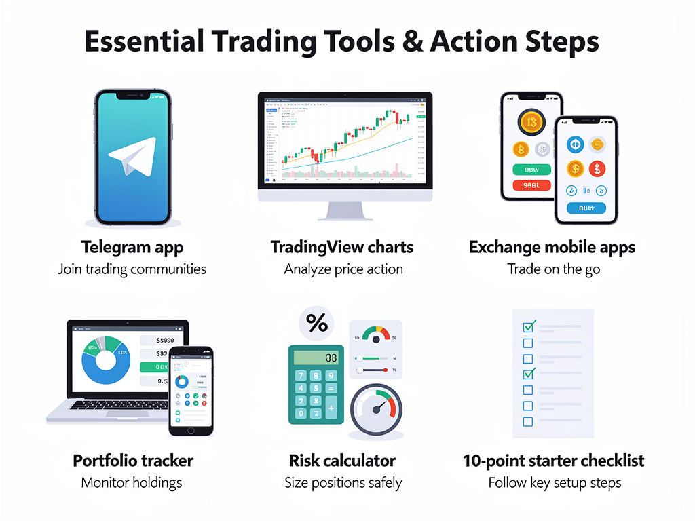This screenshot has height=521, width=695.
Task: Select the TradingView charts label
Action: pyautogui.click(x=342, y=247)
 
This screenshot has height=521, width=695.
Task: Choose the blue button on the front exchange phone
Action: pyautogui.click(x=585, y=208)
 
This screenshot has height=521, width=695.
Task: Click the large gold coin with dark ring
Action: pyautogui.click(x=531, y=122)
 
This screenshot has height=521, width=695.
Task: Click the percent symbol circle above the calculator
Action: pyautogui.click(x=316, y=324)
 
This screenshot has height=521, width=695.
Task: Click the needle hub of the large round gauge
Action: pyautogui.click(x=375, y=412)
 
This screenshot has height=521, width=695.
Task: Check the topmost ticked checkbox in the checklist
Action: pyautogui.click(x=528, y=326)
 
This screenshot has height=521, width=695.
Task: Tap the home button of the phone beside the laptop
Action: pyautogui.click(x=191, y=430)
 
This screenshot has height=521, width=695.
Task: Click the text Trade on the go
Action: pyautogui.click(x=553, y=269)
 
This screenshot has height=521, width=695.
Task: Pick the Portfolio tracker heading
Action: pyautogui.click(x=133, y=461)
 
